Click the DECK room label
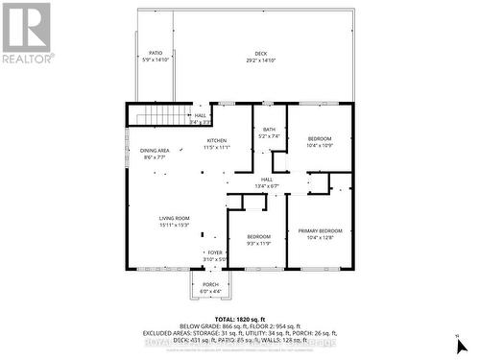pos(261,53)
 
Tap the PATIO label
pos(156,53)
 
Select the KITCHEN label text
pos(216,141)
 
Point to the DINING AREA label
pos(156,151)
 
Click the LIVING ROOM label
pos(175,219)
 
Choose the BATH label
pos(270,130)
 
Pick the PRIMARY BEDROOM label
pos(320,231)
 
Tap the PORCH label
pos(210,285)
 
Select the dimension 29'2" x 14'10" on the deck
pos(261,60)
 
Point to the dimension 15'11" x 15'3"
pos(175,226)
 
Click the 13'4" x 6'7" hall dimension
pos(267,185)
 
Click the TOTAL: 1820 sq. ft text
pos(239,318)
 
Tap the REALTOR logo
pos(27,33)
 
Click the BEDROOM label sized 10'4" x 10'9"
pos(320,138)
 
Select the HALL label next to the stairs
pos(201,116)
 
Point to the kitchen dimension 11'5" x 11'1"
pos(216,148)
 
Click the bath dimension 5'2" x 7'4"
pos(270,136)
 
